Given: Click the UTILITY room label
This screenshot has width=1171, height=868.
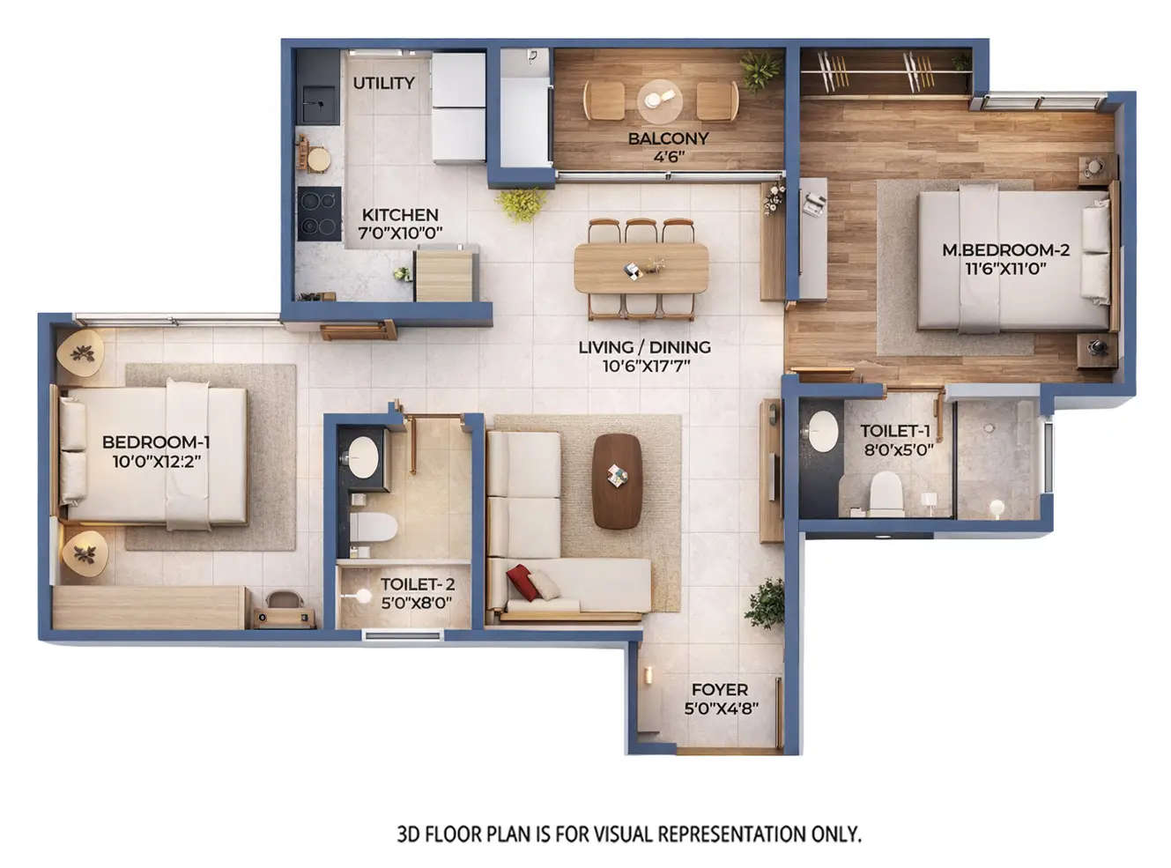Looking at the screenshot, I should [383, 83].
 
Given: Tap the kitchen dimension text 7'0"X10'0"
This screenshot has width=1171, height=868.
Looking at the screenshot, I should [400, 234].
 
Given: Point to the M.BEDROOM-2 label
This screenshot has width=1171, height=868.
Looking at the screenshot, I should [1005, 250].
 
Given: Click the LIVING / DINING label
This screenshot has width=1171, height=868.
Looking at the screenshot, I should [644, 347].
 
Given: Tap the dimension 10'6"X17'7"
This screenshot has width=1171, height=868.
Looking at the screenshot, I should [645, 366].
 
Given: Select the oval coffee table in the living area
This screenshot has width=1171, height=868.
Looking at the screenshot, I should [617, 480].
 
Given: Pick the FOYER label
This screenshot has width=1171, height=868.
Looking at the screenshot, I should [719, 690].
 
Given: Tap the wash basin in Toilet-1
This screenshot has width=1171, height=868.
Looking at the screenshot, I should [823, 431].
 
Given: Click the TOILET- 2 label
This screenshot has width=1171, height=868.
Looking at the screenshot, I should [417, 584].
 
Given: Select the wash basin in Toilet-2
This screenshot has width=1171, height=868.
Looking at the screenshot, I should [362, 456].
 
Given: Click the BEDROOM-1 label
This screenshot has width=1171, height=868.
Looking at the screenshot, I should [156, 442].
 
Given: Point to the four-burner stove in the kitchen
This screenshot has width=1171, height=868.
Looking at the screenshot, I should [318, 214].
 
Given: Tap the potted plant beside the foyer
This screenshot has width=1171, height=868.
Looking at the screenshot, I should [765, 603].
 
